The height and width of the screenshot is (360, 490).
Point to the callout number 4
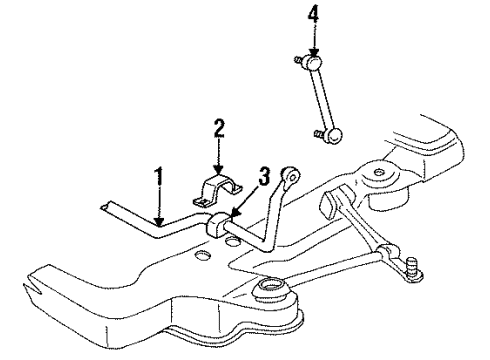coord(314,14)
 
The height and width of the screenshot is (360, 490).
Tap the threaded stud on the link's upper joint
coord(298,61)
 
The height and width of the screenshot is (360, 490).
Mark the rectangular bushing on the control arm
coord(329,207)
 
